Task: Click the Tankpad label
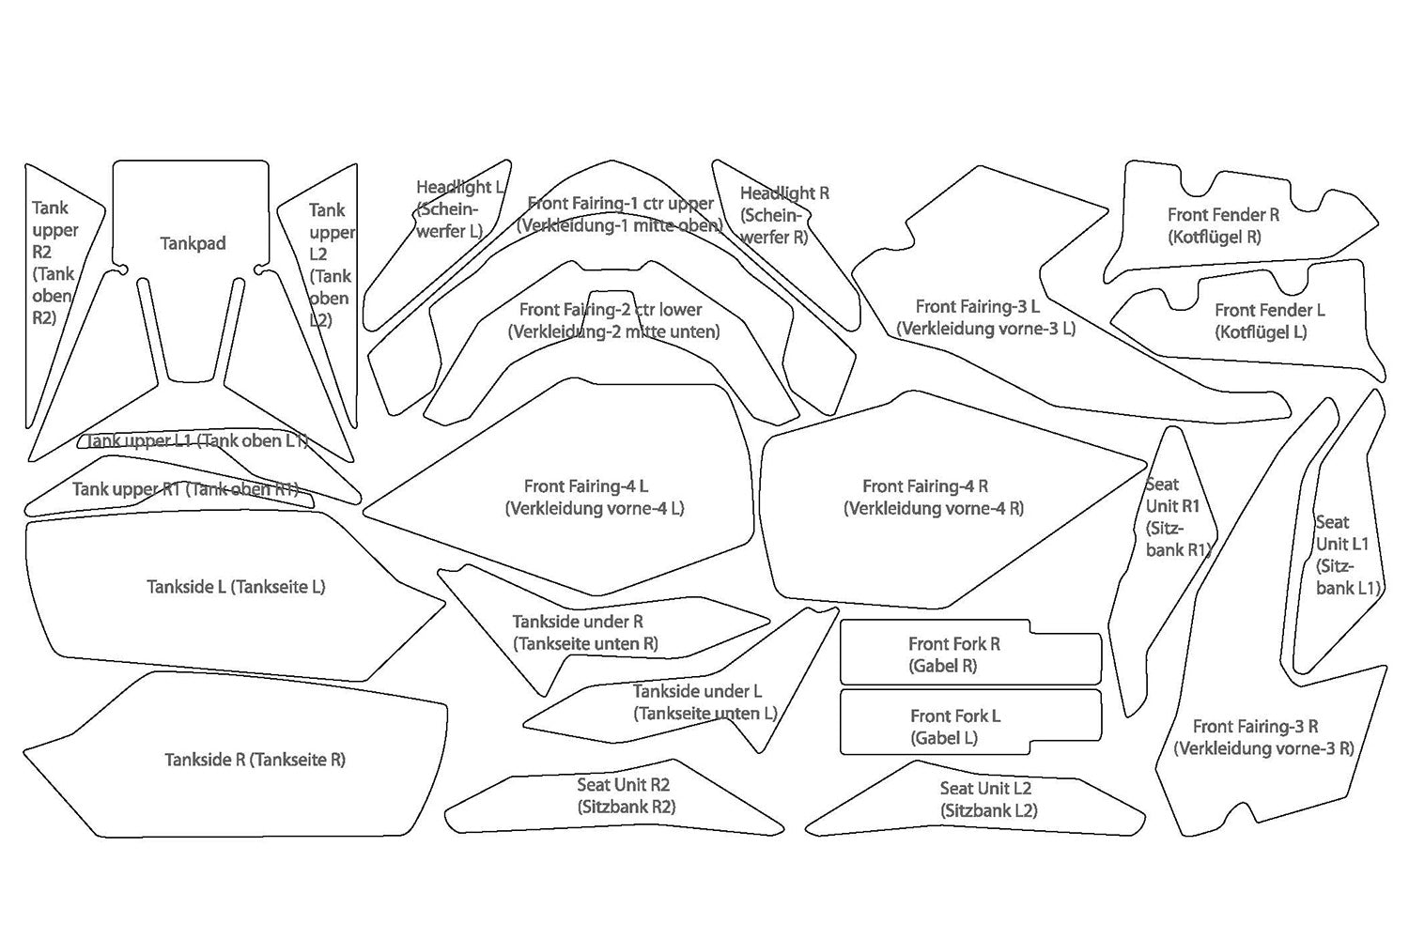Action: pos(193,243)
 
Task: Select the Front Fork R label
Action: pos(953,654)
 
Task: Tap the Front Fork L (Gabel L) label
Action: pos(954,727)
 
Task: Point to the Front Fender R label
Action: pos(1222,225)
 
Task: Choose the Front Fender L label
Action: pos(1268,320)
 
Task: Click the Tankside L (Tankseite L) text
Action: pos(236,587)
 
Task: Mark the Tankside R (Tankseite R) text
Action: pos(255,760)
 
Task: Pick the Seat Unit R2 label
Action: pos(624,795)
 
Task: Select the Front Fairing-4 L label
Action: pos(593,498)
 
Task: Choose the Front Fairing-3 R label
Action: pos(1262,737)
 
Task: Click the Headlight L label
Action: pos(457,208)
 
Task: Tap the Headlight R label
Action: pos(782,215)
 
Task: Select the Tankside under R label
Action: pos(582,632)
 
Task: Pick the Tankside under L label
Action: pos(704,702)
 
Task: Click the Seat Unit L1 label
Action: pos(1346,555)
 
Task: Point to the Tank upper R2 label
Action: pos(53,263)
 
